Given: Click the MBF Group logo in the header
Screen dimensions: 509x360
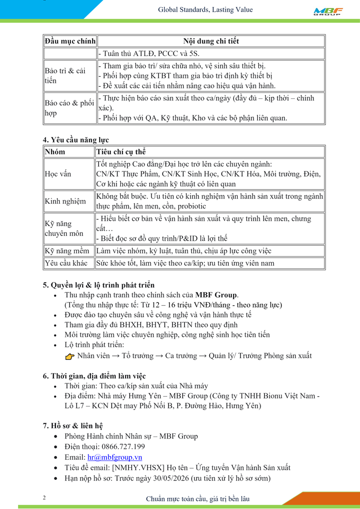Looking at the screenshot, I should [328, 11].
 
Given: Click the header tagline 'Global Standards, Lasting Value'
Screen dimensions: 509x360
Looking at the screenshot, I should [205, 10].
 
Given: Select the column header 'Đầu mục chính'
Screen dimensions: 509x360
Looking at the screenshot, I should [70, 41].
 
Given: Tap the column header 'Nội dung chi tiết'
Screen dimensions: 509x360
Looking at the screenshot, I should [211, 41].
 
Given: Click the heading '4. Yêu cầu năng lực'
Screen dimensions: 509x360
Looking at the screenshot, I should [76, 140].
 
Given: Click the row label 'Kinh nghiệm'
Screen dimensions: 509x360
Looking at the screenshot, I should [65, 201].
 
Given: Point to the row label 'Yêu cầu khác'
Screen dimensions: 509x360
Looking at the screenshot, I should [66, 263].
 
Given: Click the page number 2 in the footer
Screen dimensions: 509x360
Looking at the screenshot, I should [44, 498].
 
